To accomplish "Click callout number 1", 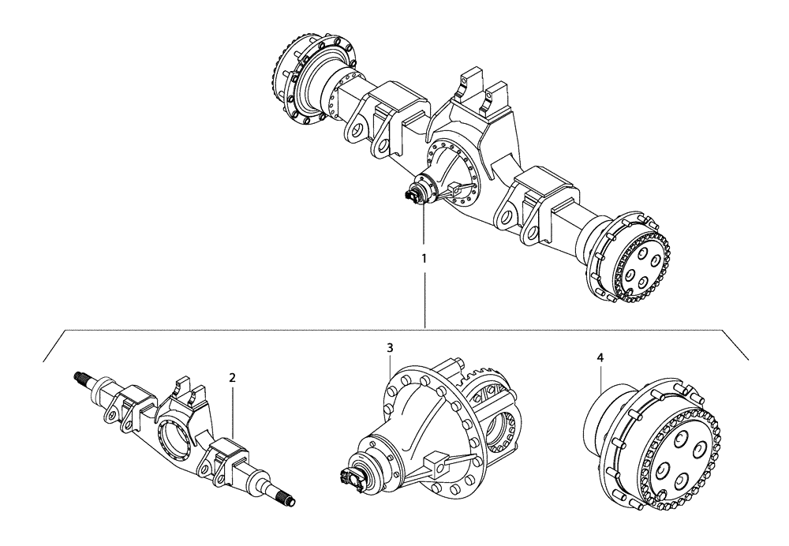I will [424, 258].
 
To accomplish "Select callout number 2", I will [232, 377].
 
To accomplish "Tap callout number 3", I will [390, 347].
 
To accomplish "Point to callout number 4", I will [600, 357].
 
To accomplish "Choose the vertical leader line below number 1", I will [424, 300].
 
